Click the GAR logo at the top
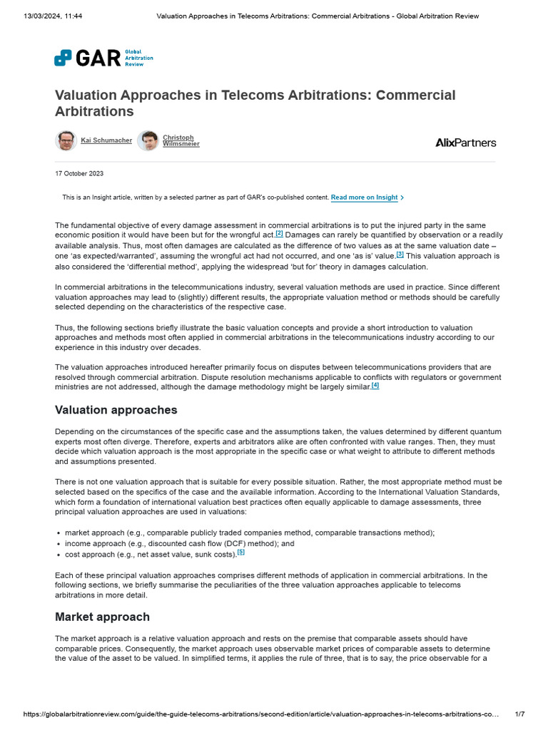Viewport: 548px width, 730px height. (x=103, y=58)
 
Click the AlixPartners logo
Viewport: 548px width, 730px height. (x=465, y=142)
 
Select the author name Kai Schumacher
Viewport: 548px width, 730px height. (x=106, y=140)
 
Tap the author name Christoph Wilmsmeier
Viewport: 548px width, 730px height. (x=181, y=140)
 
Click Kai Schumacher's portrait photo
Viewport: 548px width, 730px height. (x=66, y=140)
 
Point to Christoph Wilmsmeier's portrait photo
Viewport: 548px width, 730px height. (x=148, y=140)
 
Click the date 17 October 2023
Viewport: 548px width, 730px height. (x=78, y=173)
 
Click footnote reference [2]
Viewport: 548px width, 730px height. (x=279, y=233)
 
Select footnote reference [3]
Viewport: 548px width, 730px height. (x=400, y=254)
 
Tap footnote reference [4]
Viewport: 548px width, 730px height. (x=375, y=385)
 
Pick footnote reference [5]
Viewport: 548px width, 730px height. (x=240, y=552)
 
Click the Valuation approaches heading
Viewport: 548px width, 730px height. (x=116, y=410)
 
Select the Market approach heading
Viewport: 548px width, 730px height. (x=102, y=617)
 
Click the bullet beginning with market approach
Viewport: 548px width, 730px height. (x=249, y=533)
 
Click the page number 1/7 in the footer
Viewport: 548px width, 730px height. (x=519, y=714)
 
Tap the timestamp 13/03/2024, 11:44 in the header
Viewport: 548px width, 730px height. (x=53, y=16)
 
